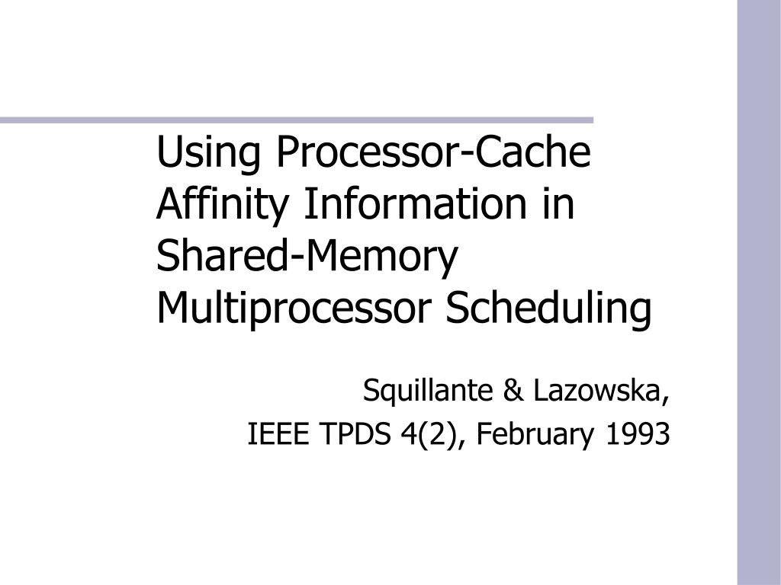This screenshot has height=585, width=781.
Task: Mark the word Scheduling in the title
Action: pos(549,308)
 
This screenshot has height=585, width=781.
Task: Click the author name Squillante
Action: pos(429,392)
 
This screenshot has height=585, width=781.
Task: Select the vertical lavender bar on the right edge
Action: pos(758,292)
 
